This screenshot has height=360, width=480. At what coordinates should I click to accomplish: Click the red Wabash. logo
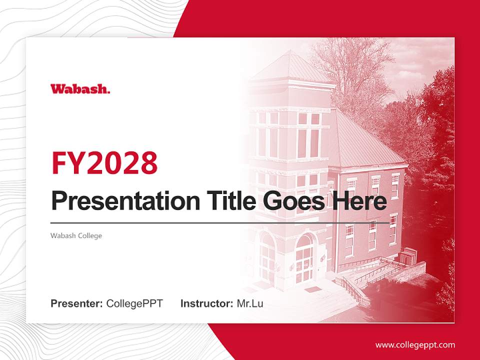pos(80,89)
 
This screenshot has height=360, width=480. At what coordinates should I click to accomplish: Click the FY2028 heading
pos(104,163)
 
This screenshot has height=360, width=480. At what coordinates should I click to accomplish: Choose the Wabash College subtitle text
pos(76,235)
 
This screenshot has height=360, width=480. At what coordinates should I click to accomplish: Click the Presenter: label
pos(77,303)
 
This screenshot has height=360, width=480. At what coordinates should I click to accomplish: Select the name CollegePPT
pos(134,303)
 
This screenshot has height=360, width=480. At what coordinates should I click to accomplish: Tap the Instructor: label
pos(206,303)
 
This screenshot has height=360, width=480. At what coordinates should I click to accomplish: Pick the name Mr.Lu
pos(250,303)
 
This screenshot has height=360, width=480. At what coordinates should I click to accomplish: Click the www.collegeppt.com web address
pos(415,344)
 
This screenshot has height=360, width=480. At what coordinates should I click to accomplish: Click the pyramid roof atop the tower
pos(290,67)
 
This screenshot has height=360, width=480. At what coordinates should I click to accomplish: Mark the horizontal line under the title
pos(220,222)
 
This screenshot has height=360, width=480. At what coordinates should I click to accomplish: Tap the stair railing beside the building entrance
pos(355,290)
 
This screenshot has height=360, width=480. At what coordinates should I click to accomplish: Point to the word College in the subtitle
pos(89,235)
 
